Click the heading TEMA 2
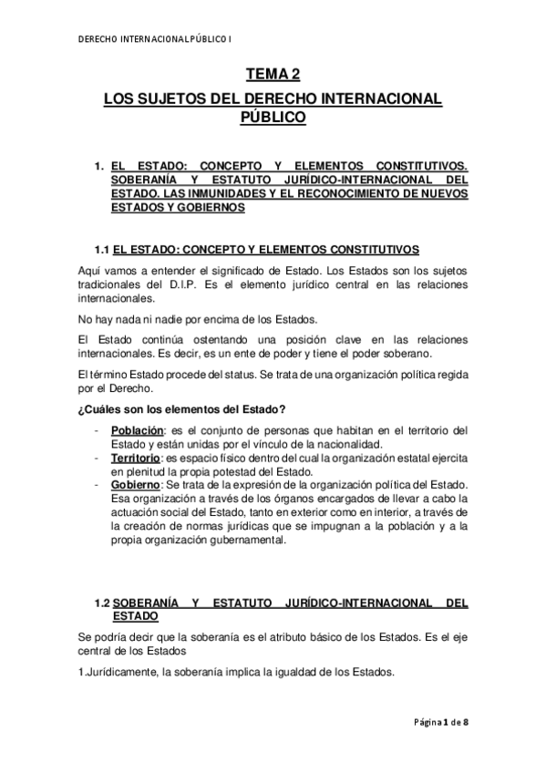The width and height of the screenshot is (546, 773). coord(273,77)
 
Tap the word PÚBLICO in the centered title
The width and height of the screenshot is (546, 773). coord(273,117)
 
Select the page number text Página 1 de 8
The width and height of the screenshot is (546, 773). coord(439,722)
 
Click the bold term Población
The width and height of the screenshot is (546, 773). coord(137,430)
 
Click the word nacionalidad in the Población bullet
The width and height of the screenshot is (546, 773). coord(346,444)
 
